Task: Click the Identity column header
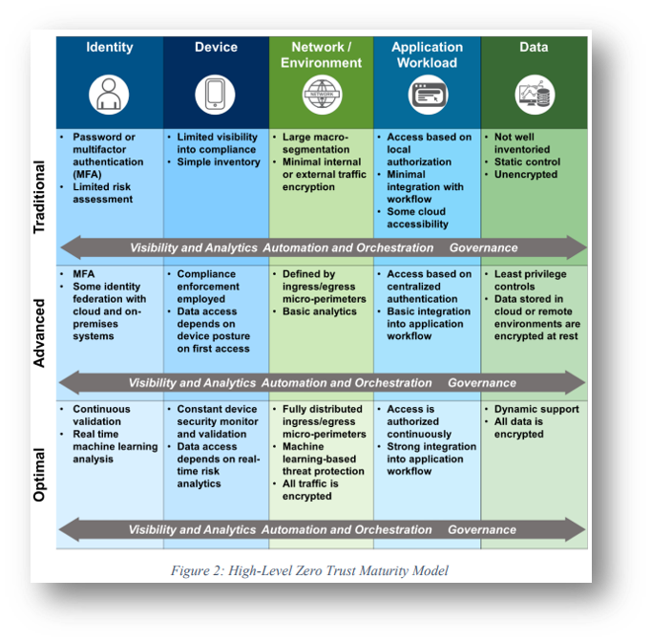(109, 47)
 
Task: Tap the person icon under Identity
(109, 95)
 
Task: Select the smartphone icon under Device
(215, 95)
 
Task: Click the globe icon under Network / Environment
(321, 95)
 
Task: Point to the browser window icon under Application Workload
(427, 95)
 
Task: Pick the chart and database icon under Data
(533, 95)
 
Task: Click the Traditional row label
(40, 198)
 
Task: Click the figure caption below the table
(309, 571)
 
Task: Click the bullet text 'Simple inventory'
(219, 162)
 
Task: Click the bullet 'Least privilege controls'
(530, 280)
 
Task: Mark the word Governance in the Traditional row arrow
(483, 247)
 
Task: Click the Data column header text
(533, 47)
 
